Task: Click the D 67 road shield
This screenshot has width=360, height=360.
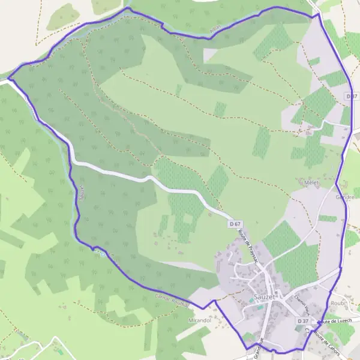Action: coord(235,223)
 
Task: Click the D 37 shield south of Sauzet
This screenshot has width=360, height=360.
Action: coord(303,322)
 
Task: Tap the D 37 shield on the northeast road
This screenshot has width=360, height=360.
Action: coord(352,96)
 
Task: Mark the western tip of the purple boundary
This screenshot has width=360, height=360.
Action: coord(8,78)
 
